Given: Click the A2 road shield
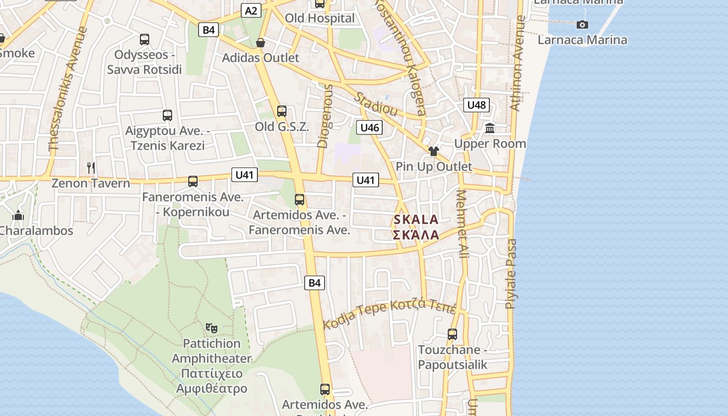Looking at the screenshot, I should click(x=251, y=10).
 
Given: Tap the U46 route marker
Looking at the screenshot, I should click(x=370, y=127).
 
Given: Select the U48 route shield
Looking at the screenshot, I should click(x=476, y=105).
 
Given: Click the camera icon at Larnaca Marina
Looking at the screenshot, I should click(x=582, y=24).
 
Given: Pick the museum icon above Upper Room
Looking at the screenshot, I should click(x=490, y=128).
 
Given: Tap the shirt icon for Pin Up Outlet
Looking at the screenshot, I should click(x=434, y=151).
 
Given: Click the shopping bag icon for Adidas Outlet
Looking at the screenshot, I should click(x=261, y=43).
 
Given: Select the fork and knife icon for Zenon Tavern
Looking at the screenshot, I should click(x=91, y=167).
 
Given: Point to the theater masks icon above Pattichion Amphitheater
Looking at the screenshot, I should click(x=211, y=328).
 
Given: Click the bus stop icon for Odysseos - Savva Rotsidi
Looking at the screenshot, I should click(x=145, y=39).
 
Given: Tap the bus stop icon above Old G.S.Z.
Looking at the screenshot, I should click(x=282, y=111).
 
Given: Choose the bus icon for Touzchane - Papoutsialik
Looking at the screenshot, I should click(x=452, y=334).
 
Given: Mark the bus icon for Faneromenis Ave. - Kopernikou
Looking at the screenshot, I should click(x=193, y=181).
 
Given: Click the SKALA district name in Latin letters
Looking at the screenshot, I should click(x=416, y=220).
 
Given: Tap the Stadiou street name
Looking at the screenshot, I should click(x=376, y=105).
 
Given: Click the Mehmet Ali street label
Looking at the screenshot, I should click(x=462, y=224).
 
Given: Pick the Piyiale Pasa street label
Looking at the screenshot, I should click(x=511, y=274).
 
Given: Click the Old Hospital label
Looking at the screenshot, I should click(x=320, y=18).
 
